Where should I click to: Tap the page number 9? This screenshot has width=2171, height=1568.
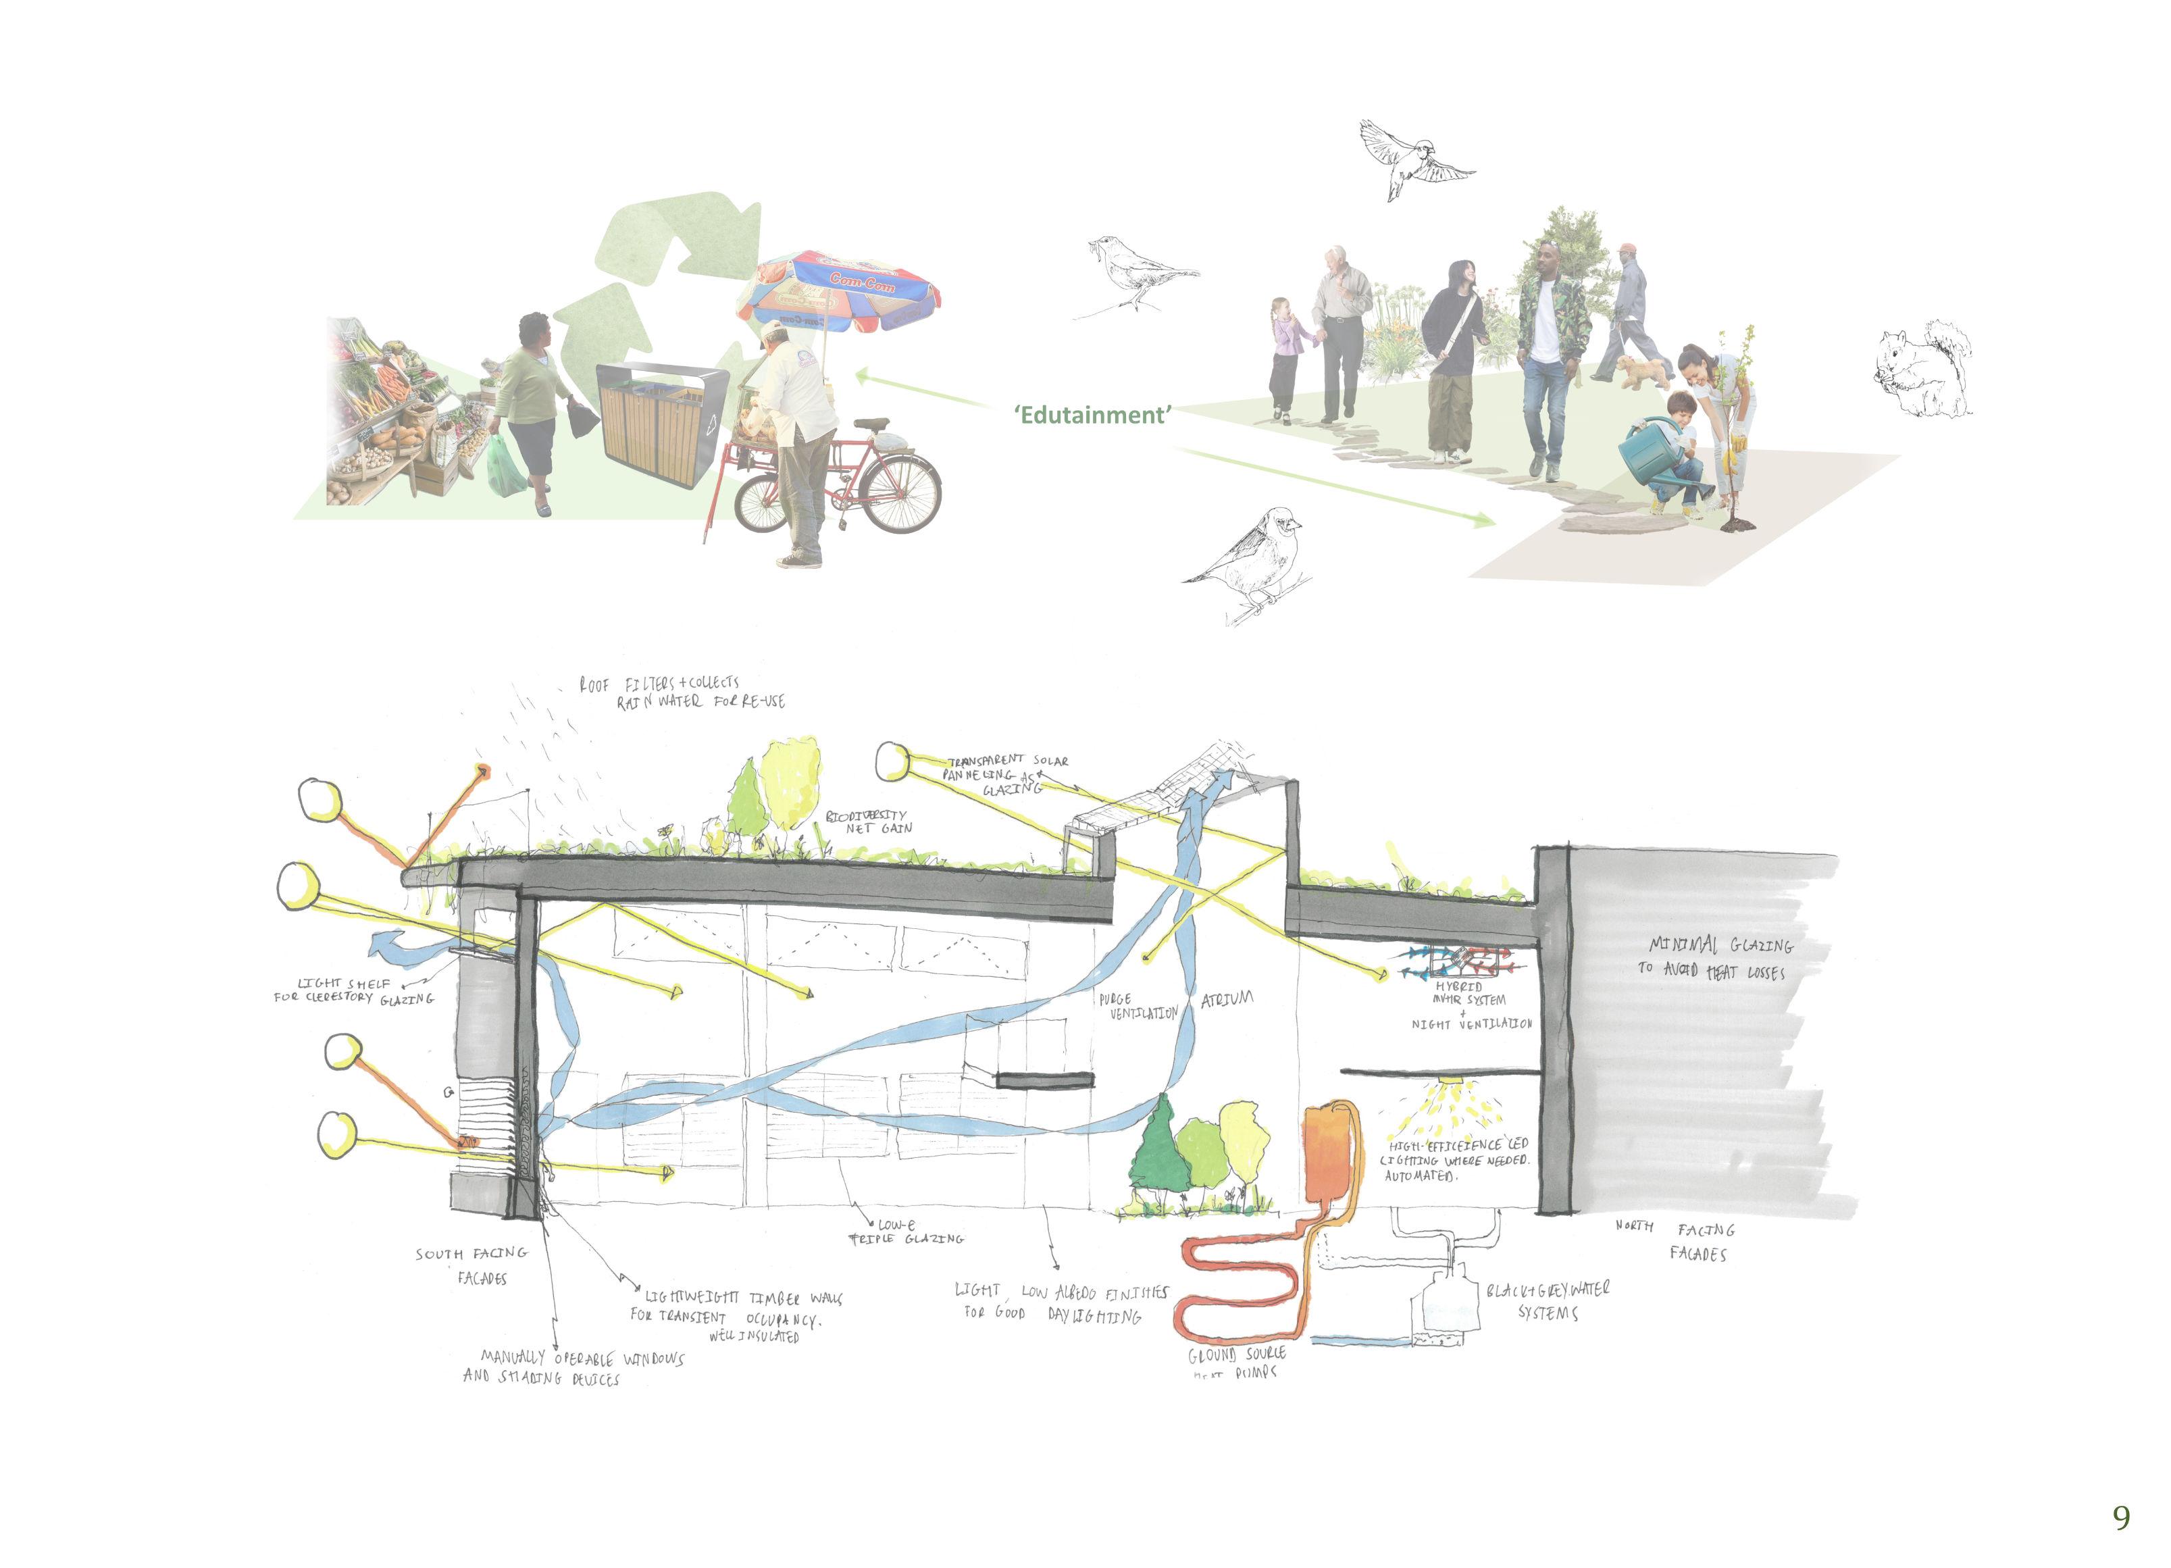click(2121, 1517)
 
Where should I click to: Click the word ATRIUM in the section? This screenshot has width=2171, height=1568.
click(1226, 999)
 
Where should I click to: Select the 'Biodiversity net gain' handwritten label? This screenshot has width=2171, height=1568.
click(867, 821)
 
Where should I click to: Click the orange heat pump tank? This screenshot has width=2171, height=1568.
click(1327, 1153)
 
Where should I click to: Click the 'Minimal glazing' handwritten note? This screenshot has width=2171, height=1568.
click(1714, 957)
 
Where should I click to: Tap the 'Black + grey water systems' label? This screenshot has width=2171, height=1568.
click(1548, 1300)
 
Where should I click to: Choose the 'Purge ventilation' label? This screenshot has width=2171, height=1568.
click(1138, 1006)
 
